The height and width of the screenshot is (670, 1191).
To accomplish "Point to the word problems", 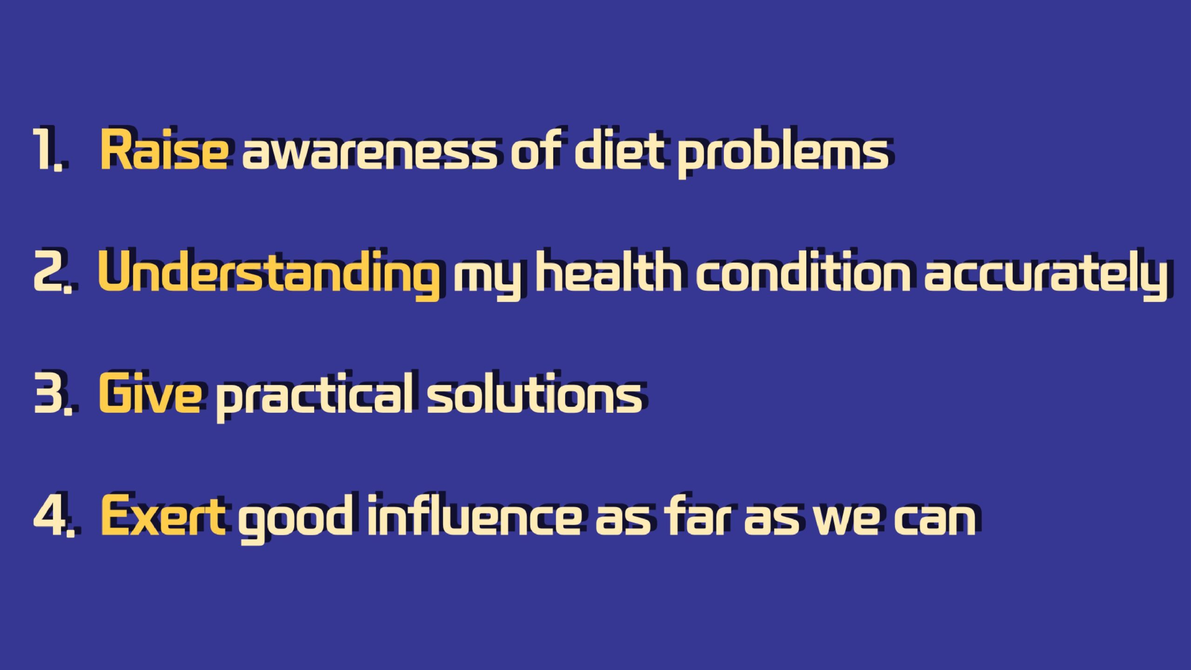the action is click(x=783, y=152).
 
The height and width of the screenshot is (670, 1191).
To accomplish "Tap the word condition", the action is click(x=803, y=271).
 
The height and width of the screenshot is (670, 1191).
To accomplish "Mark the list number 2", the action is click(x=53, y=272).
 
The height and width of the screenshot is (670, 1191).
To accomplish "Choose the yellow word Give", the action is click(x=150, y=393).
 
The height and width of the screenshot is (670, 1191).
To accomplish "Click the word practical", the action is click(x=314, y=397).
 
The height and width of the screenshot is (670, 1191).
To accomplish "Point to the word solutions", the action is click(x=535, y=393).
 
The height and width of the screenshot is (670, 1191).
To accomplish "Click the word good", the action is click(x=295, y=519).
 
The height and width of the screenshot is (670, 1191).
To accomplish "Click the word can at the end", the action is click(x=935, y=519).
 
